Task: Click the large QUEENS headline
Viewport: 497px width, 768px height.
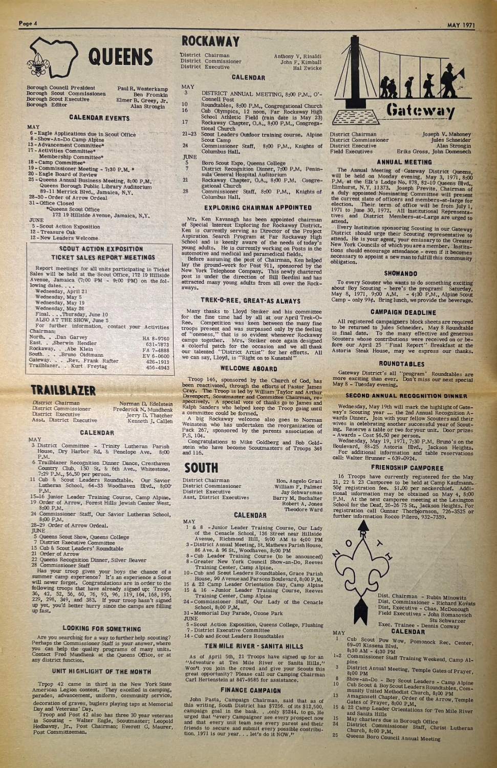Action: [120, 57]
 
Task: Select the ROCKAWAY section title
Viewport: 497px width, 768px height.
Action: [210, 41]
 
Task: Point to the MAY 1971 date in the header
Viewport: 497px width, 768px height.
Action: [461, 24]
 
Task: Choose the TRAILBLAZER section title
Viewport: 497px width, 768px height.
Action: [63, 391]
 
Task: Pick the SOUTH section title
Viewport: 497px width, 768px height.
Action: [201, 468]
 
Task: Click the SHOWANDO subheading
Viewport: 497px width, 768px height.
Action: [401, 274]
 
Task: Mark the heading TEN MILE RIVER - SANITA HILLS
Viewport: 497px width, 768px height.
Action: [253, 647]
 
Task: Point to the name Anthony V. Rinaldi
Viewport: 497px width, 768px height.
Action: [298, 56]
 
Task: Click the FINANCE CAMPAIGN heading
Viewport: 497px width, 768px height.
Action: [251, 691]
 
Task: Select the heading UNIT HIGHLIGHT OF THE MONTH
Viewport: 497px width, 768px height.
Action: [101, 671]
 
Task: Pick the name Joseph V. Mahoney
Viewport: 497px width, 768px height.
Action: [446, 134]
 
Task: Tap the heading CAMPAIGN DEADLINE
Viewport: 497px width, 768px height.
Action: [403, 312]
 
